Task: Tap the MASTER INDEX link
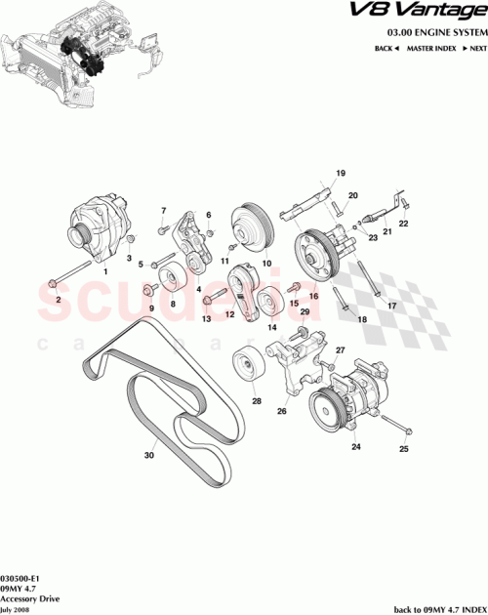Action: pyautogui.click(x=430, y=48)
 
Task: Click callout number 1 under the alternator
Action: pyautogui.click(x=105, y=272)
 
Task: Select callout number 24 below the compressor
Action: pyautogui.click(x=356, y=447)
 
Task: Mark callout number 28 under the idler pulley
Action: pyautogui.click(x=256, y=401)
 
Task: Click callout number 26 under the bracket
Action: pyautogui.click(x=282, y=411)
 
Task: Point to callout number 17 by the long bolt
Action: pyautogui.click(x=393, y=307)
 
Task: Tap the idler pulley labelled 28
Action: pyautogui.click(x=248, y=368)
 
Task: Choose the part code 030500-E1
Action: pyautogui.click(x=20, y=578)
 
